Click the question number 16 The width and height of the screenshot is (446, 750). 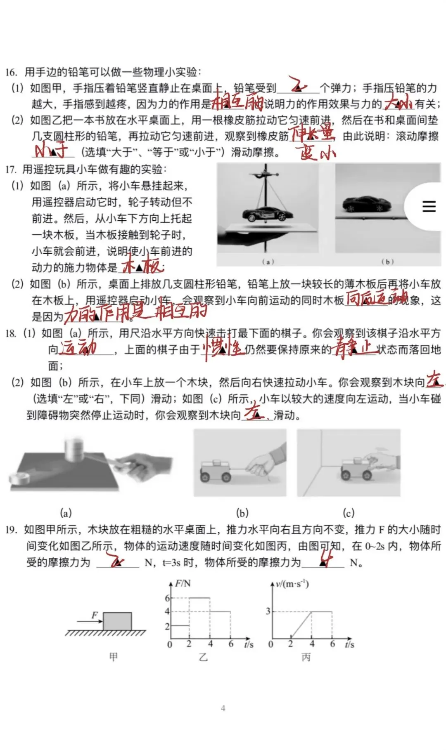pos(11,72)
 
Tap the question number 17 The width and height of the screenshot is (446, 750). pos(11,170)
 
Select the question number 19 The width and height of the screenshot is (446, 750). pos(11,530)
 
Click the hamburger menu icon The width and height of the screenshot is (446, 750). pos(429,206)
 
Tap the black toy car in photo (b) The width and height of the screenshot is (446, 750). pos(367,203)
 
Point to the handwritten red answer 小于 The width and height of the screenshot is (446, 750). pos(52,151)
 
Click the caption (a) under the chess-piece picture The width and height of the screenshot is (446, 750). pos(66,513)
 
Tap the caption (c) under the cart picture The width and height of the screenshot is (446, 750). pos(349,513)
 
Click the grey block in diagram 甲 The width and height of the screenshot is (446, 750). pos(117,621)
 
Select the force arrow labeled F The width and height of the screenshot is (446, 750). pos(89,620)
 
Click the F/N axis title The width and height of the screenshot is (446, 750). pos(183,583)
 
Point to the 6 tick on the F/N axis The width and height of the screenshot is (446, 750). pos(167,598)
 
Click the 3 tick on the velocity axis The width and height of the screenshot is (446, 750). pos(268,611)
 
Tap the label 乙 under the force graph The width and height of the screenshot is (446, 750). pos(203,657)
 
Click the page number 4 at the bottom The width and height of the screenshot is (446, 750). pos(223,708)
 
